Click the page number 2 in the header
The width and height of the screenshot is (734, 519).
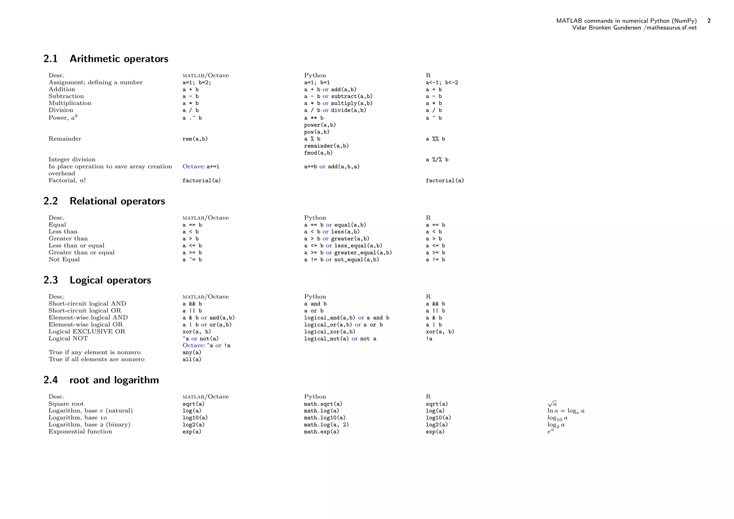point(709,21)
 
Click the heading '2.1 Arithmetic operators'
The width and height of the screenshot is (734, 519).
point(106,59)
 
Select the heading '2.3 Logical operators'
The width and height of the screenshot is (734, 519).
point(97,280)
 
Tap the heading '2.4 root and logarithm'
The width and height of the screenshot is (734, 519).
point(101,380)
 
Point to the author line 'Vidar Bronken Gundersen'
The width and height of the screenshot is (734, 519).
point(606,28)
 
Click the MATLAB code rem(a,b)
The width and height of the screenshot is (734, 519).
point(195,139)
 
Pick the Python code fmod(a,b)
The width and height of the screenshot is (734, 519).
point(318,153)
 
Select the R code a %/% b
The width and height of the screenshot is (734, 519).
point(437,160)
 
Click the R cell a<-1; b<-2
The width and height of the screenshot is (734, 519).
point(442,83)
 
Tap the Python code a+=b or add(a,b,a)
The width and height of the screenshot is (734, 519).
point(332,167)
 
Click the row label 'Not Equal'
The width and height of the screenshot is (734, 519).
point(64,259)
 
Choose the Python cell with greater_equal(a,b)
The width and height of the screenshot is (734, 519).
point(348,253)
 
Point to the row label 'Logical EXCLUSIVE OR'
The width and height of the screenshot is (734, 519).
point(87,332)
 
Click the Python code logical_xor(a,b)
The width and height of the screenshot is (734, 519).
point(329,332)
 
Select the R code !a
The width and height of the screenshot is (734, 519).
point(429,339)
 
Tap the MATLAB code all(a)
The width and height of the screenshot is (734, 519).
point(192,360)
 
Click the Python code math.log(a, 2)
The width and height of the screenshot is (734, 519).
point(326,425)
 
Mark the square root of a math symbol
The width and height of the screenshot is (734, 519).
point(552,404)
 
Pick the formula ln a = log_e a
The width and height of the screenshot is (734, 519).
point(566,411)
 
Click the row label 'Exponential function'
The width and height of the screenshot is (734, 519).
point(80,432)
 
